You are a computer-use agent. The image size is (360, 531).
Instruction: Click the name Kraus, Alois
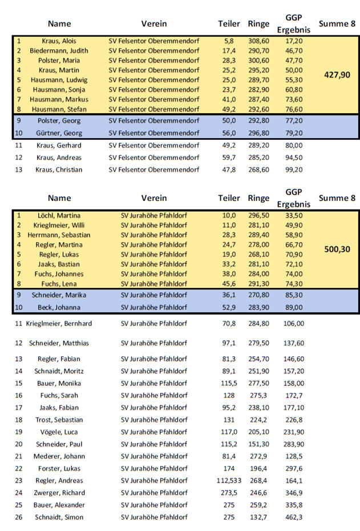coord(59,41)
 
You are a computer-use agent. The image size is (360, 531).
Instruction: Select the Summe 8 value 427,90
coord(337,75)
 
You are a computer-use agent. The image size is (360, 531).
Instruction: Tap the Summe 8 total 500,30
coord(337,250)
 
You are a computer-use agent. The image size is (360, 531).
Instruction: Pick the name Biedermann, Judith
coord(59,51)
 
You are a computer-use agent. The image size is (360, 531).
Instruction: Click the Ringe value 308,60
coord(258,41)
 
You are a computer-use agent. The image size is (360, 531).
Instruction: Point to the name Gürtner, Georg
coord(59,133)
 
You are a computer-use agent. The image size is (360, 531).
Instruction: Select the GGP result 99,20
coord(294,170)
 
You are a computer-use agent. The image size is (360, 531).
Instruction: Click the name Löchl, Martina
coord(59,215)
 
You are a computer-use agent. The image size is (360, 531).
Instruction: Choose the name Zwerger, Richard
coord(59,493)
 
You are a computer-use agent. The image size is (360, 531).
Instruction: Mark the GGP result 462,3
coord(294,517)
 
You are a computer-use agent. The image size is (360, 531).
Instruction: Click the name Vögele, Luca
coord(59,432)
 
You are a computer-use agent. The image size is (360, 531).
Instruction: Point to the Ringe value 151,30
coord(258,444)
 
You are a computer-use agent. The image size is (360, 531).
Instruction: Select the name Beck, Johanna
coord(59,307)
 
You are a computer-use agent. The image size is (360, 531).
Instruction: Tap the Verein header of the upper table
coord(154,23)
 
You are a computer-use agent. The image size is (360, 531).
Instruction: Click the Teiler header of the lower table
coord(229,198)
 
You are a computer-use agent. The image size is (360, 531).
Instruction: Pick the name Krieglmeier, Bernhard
coord(59,323)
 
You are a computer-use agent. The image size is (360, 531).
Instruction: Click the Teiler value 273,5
coord(229,493)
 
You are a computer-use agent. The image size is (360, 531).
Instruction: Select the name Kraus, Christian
coord(59,170)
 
